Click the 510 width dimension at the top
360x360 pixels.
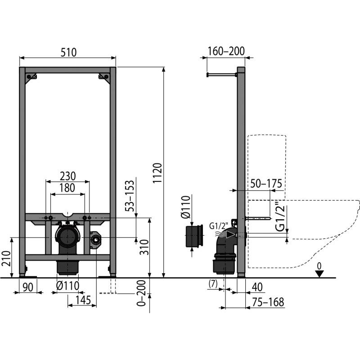68,52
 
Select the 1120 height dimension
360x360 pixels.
157,173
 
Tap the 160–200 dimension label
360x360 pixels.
226,51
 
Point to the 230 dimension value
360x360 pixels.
68,176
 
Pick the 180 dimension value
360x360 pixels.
67,188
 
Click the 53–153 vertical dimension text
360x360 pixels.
130,196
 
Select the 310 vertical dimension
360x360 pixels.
144,247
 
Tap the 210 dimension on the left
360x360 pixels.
6,258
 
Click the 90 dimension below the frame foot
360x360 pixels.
28,287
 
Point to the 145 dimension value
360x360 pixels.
83,300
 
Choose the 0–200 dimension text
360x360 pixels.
141,293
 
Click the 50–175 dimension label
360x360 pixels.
266,183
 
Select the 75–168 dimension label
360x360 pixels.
268,302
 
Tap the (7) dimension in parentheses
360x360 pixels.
213,284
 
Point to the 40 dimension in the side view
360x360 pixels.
257,287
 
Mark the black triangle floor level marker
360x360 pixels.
319,274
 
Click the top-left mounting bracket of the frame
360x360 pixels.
31,76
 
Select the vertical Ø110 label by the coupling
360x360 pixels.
186,207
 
